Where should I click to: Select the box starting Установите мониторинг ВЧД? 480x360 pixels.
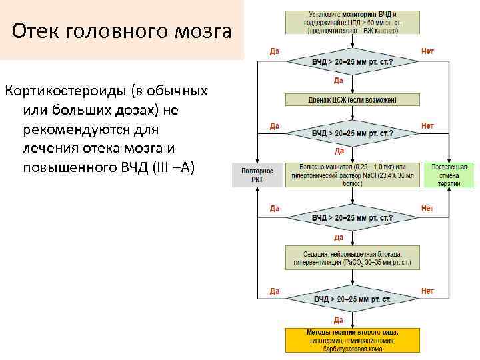click(x=353, y=22)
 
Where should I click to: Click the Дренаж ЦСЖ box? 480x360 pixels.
click(x=353, y=99)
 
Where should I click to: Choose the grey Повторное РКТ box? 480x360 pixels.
click(x=252, y=175)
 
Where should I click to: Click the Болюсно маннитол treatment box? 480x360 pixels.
click(x=353, y=175)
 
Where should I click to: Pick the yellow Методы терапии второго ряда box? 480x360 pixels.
click(x=353, y=340)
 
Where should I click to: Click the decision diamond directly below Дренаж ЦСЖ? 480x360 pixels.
click(x=353, y=133)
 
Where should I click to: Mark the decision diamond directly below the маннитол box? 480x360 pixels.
click(x=353, y=217)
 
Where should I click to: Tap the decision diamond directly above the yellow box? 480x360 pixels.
click(x=353, y=299)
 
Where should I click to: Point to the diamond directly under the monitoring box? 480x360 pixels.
click(x=353, y=61)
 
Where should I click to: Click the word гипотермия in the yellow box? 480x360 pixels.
click(x=327, y=340)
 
